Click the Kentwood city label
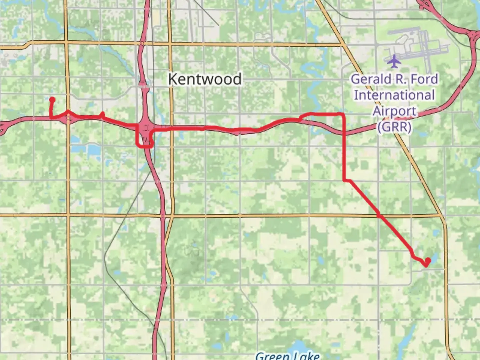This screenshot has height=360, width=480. pyautogui.click(x=205, y=79)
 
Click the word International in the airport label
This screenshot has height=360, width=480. pyautogui.click(x=394, y=95)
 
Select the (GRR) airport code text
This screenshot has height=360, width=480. pyautogui.click(x=394, y=127)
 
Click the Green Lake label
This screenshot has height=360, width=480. pyautogui.click(x=287, y=355)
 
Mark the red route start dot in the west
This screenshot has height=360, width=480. pyautogui.click(x=52, y=99)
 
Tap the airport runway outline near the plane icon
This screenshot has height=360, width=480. pyautogui.click(x=420, y=43)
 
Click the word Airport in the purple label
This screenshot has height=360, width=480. pyautogui.click(x=394, y=111)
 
